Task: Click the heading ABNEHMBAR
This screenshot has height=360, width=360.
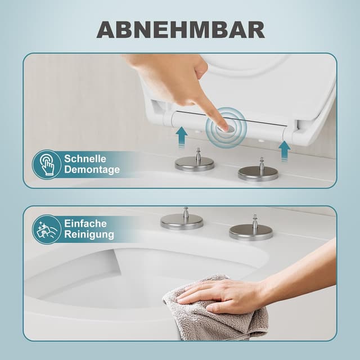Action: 180,29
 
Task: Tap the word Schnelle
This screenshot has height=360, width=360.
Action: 85,159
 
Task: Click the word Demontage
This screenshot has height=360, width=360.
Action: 92,170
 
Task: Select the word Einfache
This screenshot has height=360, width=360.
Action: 85,224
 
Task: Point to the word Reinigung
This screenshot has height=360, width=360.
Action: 89,235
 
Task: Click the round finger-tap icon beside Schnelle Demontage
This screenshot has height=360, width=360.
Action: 47,164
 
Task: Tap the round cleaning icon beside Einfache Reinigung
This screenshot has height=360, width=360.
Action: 47,229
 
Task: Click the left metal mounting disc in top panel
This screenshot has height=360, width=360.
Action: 194,164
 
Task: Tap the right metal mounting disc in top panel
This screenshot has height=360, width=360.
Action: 258,173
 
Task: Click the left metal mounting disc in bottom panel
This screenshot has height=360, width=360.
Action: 182,222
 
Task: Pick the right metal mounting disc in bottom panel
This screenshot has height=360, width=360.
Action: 251,232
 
